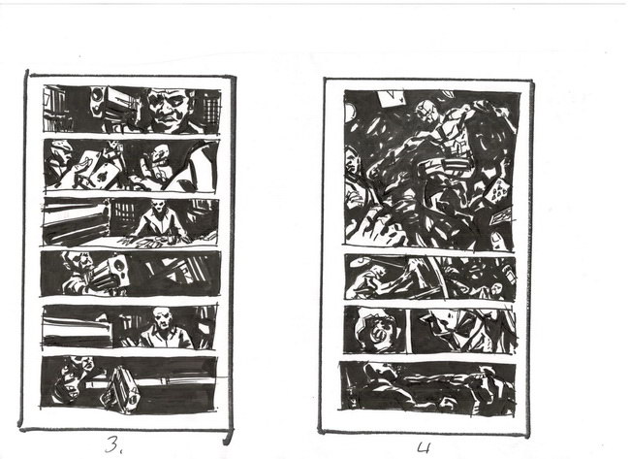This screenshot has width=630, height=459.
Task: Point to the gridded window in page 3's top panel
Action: [210, 107]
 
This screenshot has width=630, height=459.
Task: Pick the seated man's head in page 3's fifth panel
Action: [162, 319]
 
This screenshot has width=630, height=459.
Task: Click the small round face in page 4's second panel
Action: [496, 288]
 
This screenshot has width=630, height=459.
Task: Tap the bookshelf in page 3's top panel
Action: [57, 110]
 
